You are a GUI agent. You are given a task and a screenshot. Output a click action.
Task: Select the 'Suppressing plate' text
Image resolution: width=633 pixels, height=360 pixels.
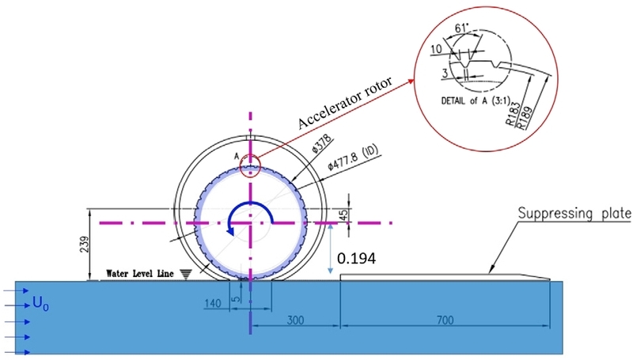click(x=574, y=213)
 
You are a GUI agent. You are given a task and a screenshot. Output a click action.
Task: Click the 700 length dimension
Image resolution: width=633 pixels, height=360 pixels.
click(x=447, y=322)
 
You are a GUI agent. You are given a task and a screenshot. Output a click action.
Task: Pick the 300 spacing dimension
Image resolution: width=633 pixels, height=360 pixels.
click(x=294, y=322)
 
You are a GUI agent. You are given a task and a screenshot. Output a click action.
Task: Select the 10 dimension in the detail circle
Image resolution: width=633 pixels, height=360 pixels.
click(x=436, y=50)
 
